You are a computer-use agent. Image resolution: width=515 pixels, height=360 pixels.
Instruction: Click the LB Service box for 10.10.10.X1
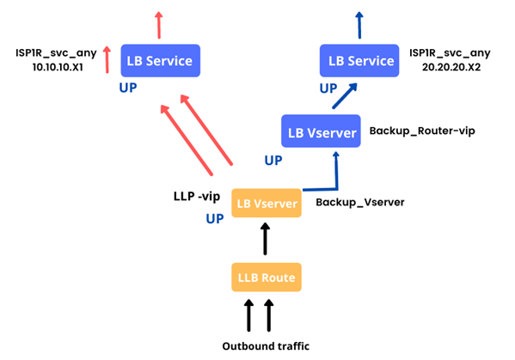pos(160,61)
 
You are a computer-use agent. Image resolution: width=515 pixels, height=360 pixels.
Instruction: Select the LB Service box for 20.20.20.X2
pos(359,61)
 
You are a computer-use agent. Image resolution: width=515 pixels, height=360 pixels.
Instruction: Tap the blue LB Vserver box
pos(321,131)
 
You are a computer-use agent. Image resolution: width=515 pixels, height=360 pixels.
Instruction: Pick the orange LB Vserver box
pos(267,203)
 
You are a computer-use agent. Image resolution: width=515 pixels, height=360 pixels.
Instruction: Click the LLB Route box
pos(267,277)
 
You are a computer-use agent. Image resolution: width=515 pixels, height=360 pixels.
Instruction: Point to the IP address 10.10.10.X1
pos(58,67)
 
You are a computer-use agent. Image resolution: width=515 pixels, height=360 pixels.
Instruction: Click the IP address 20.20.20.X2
pos(451,67)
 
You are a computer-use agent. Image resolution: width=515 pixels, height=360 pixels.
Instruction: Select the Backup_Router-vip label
pos(422,131)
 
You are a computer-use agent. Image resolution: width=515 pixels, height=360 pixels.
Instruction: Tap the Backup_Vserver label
pos(360,202)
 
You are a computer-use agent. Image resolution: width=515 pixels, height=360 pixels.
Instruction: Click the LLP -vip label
pos(197,196)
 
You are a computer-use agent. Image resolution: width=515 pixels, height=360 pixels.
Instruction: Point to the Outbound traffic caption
pos(266,346)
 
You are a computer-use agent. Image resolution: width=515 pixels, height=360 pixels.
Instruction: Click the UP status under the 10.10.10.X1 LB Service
pos(128,88)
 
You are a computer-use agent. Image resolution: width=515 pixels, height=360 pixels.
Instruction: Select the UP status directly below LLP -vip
pos(215,218)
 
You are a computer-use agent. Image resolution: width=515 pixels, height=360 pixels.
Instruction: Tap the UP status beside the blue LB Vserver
pos(273,161)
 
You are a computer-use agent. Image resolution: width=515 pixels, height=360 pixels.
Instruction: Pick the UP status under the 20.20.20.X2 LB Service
pos(328,88)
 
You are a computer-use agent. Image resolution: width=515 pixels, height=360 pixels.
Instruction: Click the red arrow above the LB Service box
pos(159,25)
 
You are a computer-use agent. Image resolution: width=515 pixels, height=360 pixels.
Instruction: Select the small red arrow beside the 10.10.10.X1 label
pos(107,59)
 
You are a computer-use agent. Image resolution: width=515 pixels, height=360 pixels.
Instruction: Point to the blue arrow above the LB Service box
pos(359,25)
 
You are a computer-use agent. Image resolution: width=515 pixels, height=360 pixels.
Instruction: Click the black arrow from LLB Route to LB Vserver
pos(265,239)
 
